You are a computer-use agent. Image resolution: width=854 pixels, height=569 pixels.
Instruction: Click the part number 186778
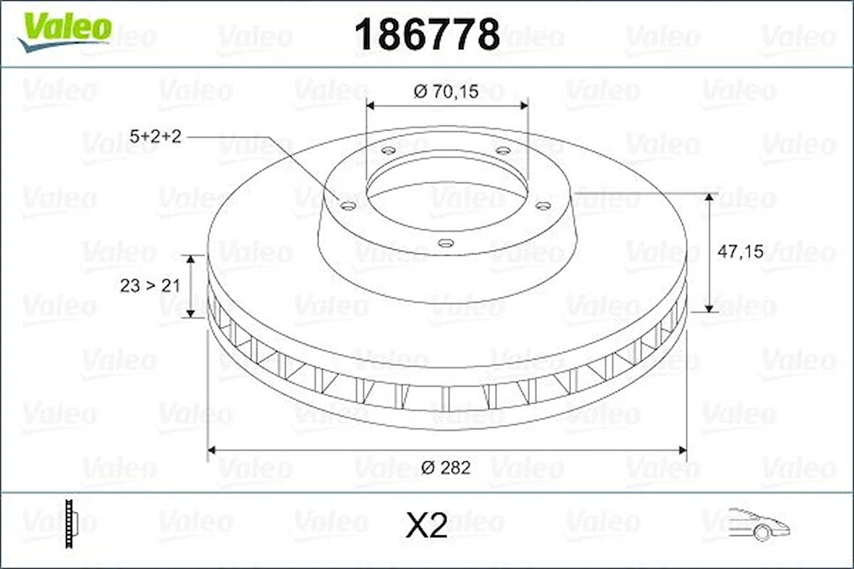coord(427,34)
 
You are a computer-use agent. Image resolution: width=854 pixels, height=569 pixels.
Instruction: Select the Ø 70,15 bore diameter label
coord(447,92)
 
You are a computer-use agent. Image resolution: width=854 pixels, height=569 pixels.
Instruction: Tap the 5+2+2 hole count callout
coord(156,135)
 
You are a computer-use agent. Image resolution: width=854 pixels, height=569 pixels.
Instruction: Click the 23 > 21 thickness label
coord(149,286)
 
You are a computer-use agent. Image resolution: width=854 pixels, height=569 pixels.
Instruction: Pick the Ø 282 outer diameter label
coord(446,468)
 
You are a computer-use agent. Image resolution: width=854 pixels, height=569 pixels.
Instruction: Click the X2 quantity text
coord(426,526)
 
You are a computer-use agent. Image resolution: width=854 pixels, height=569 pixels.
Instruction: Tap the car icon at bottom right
coord(758,523)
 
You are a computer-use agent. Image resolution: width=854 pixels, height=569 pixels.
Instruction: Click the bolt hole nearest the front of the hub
coord(447,243)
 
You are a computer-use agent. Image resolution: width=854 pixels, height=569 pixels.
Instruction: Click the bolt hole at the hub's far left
coord(348,206)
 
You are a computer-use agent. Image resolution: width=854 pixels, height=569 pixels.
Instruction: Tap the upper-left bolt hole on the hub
coord(389,151)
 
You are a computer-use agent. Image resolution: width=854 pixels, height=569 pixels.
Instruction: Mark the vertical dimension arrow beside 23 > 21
coord(191,286)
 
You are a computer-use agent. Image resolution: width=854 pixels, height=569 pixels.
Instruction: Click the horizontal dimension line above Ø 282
coord(446,450)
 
